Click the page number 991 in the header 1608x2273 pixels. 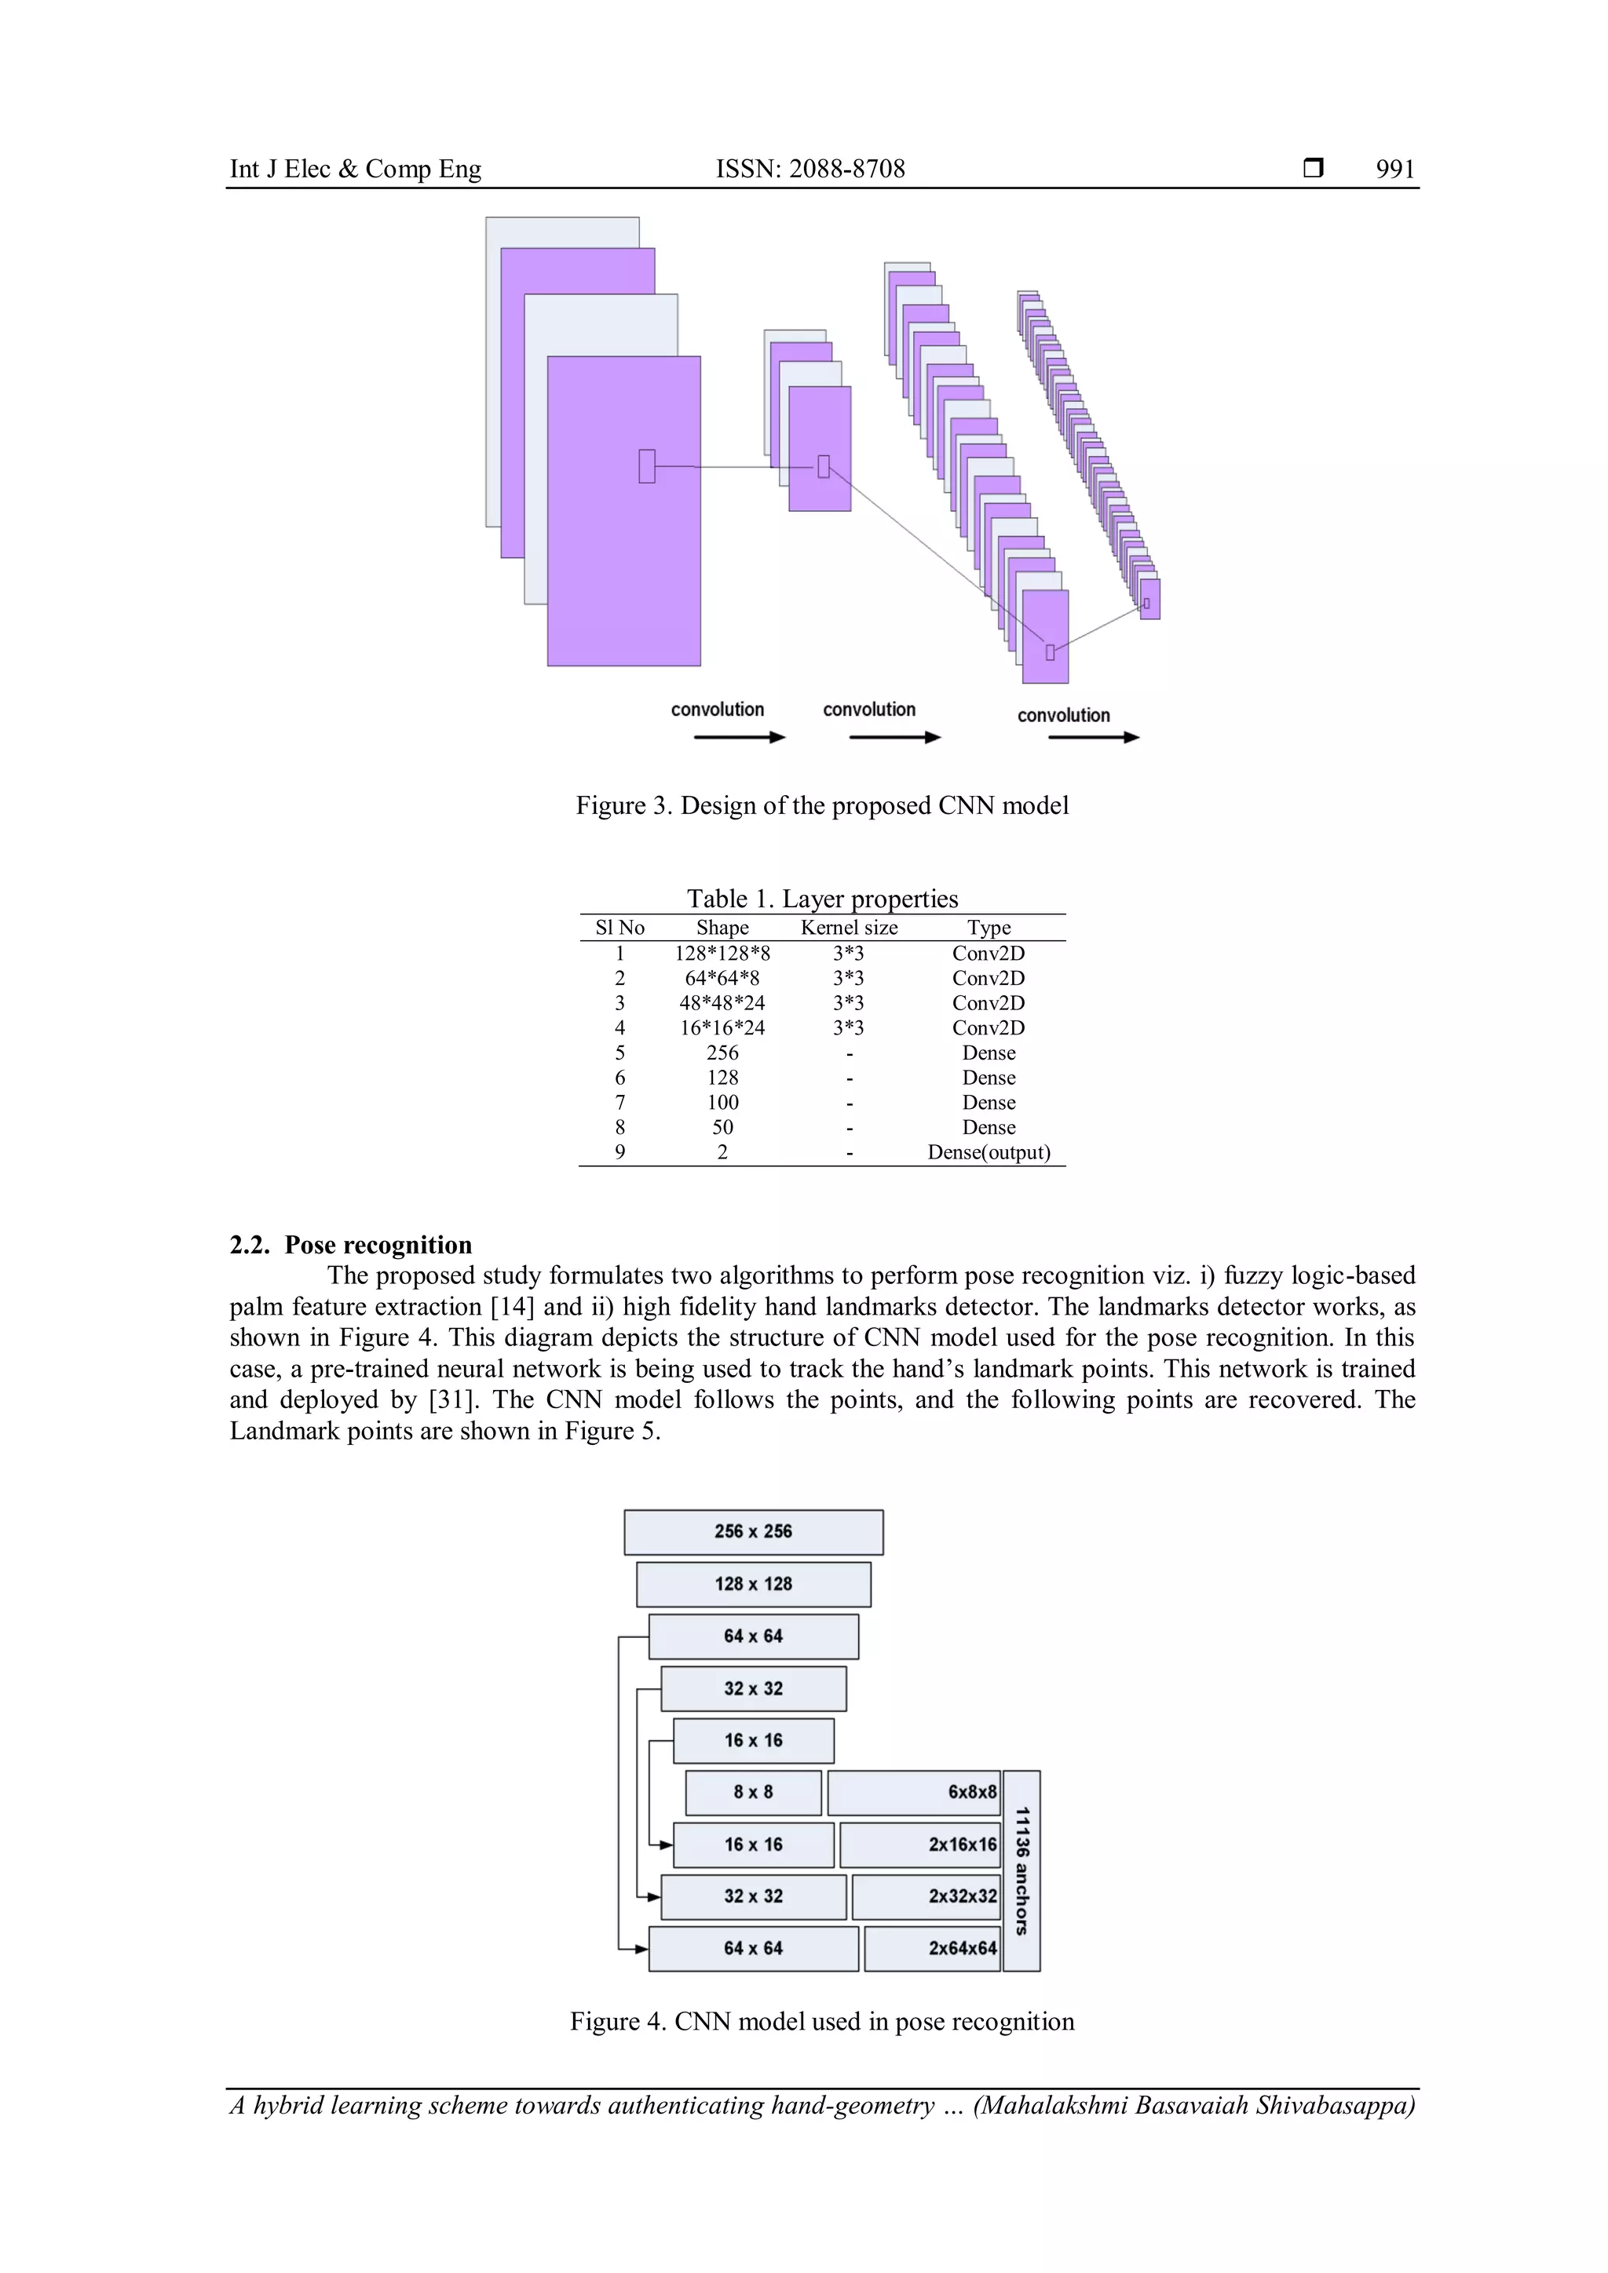(1394, 170)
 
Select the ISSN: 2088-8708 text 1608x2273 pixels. (810, 170)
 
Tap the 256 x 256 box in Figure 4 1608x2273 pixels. (754, 1531)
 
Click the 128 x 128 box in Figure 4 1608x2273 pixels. (754, 1584)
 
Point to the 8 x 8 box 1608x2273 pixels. (754, 1793)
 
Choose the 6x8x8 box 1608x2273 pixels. (914, 1793)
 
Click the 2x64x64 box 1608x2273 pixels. (932, 1948)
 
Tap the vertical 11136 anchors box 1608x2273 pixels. (1021, 1871)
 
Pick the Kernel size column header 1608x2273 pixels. (849, 928)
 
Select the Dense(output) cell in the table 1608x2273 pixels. (989, 1152)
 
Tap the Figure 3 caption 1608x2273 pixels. (822, 806)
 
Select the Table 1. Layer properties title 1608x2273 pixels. (822, 899)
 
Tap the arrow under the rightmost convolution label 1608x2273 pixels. (1093, 738)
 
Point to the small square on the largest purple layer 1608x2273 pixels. (646, 466)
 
